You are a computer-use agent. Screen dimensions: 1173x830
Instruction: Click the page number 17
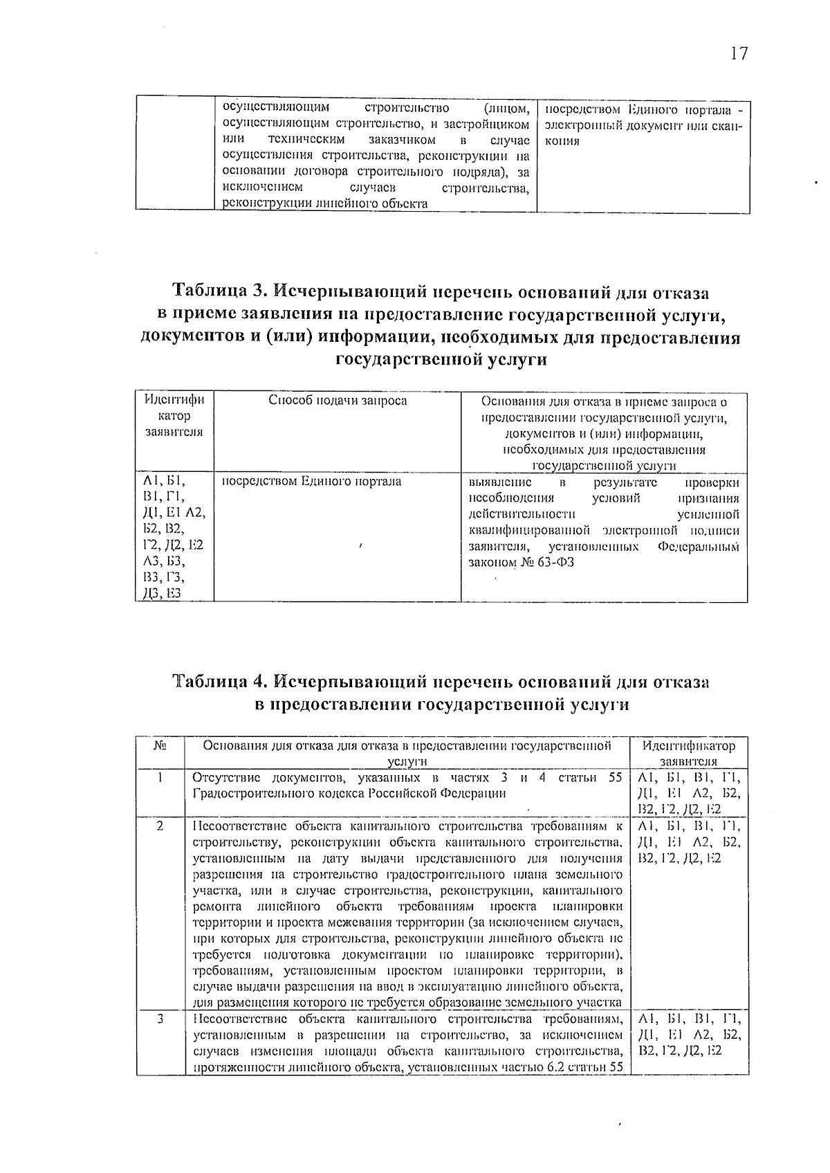click(x=739, y=54)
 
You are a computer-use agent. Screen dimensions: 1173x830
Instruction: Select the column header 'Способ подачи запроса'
click(x=338, y=401)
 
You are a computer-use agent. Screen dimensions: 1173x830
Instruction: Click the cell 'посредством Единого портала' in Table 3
click(x=311, y=481)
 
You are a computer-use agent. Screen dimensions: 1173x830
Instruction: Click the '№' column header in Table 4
click(x=160, y=746)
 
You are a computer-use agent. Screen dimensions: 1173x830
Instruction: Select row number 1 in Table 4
click(x=160, y=777)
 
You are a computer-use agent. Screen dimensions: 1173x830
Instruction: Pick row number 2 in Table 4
click(x=160, y=826)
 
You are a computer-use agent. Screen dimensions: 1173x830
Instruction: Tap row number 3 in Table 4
click(x=160, y=1019)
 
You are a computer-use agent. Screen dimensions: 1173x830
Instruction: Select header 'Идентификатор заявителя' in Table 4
click(x=689, y=753)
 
